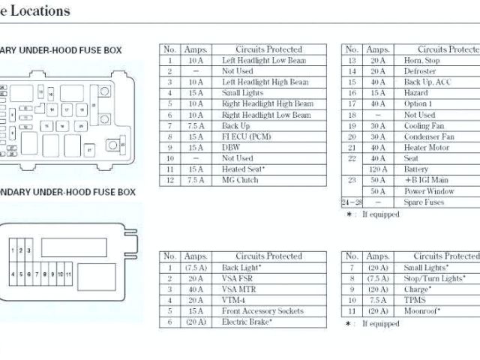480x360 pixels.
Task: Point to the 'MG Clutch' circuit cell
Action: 240,181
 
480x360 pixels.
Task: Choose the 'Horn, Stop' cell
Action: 422,60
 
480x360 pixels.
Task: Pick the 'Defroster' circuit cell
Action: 420,71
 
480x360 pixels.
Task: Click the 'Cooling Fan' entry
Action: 424,126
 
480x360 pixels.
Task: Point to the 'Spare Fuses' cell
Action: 425,202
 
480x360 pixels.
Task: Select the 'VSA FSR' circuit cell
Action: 240,278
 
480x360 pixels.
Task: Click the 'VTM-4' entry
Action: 236,300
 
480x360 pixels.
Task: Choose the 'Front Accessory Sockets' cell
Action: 262,310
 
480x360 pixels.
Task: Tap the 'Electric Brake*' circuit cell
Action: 247,322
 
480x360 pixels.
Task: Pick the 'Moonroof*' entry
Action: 422,310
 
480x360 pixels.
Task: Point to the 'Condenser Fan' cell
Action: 429,137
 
